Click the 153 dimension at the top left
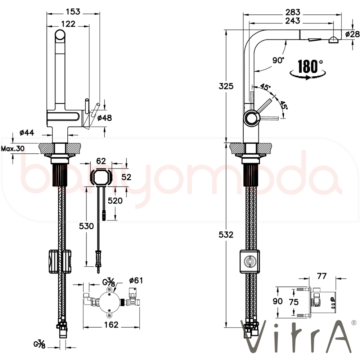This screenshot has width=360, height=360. tap(73, 12)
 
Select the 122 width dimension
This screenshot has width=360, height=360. tap(68, 24)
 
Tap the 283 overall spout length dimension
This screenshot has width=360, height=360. tap(293, 12)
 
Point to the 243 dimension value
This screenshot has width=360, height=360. tap(293, 21)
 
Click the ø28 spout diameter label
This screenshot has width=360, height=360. tap(352, 34)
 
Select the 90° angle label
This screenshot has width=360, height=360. tap(278, 60)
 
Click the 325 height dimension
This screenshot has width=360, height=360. tap(226, 86)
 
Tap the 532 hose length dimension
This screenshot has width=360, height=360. tap(226, 235)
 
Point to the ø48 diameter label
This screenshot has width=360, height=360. tap(104, 118)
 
